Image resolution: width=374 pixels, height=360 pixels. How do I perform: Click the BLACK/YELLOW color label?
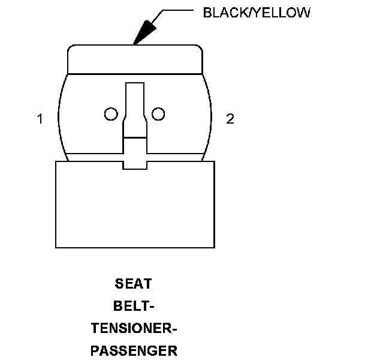pos(257,13)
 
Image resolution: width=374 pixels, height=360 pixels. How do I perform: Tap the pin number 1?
pos(40,119)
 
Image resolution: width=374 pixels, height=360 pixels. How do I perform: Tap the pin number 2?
pos(230,119)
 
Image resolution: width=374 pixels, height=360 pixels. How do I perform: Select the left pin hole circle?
pos(111,114)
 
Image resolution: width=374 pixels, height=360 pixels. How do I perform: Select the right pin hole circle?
pos(158,113)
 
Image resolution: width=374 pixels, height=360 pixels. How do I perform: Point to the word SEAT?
pos(134,283)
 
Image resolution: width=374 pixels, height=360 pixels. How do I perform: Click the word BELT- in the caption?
pos(134,306)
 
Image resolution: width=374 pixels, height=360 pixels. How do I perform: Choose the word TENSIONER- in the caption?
pos(134,329)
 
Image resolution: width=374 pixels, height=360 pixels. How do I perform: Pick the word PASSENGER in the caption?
pos(134,351)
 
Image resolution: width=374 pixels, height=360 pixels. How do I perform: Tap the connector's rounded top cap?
pos(134,59)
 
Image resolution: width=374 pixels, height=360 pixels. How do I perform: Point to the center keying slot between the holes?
pos(135,108)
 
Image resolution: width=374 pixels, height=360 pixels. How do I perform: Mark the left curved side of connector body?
pos(61,117)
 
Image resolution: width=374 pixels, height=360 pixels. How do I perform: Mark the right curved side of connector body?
pos(208,117)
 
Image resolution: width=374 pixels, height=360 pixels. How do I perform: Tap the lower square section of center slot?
pos(135,149)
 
